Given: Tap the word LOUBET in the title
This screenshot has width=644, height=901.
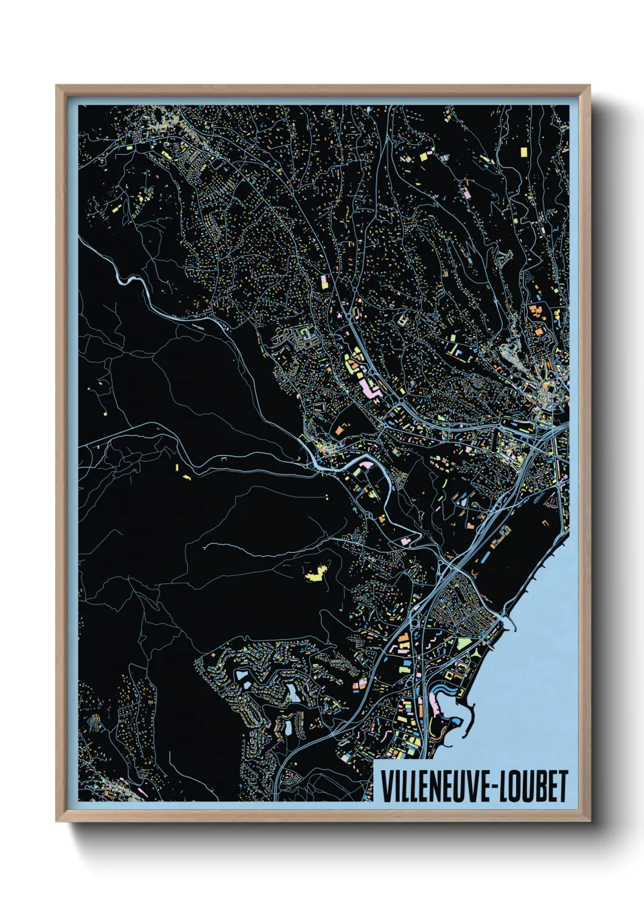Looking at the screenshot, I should (x=536, y=787).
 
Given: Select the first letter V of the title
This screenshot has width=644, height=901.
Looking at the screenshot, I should (x=385, y=787).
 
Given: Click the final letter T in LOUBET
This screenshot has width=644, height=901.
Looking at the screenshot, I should (x=562, y=787).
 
